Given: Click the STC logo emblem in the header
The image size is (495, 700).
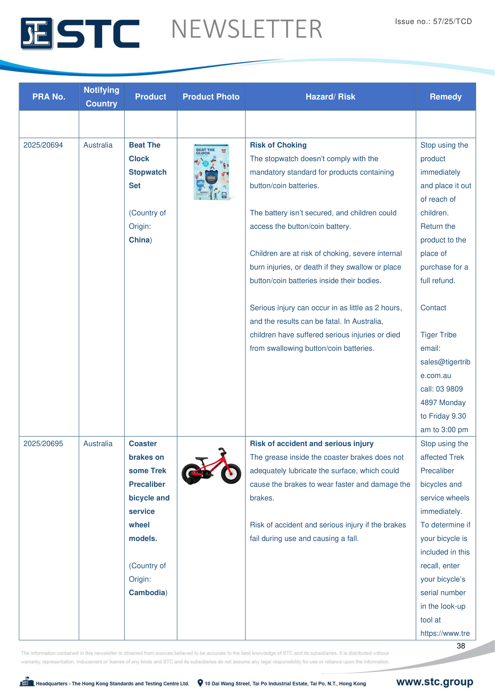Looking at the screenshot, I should point(37,34).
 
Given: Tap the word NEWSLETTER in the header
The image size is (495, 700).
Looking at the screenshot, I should point(247,29).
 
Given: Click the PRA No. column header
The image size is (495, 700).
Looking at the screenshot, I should point(49,97).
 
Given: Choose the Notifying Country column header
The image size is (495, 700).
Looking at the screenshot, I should point(101,97).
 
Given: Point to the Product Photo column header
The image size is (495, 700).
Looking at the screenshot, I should point(211,97).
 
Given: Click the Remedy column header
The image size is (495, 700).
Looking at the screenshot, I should point(445,97).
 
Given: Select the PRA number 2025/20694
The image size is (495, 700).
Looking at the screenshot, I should point(43,145).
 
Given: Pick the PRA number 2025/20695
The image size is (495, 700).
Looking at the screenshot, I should point(43,444).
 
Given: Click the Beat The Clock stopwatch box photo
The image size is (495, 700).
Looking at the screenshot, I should point(211,172).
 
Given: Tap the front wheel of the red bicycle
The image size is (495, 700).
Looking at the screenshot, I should point(231,473).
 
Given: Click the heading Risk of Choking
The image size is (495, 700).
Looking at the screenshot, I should point(278,145).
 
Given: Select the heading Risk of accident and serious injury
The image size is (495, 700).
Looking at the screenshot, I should point(312,444).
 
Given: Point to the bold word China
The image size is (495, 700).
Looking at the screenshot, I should point(139,240).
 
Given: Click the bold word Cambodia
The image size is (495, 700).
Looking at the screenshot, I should point(147,593).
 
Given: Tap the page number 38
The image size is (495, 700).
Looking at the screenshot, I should point(461,646).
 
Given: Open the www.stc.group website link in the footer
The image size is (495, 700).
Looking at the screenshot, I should point(434,682).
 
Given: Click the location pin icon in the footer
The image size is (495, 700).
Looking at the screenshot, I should point(200,683).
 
